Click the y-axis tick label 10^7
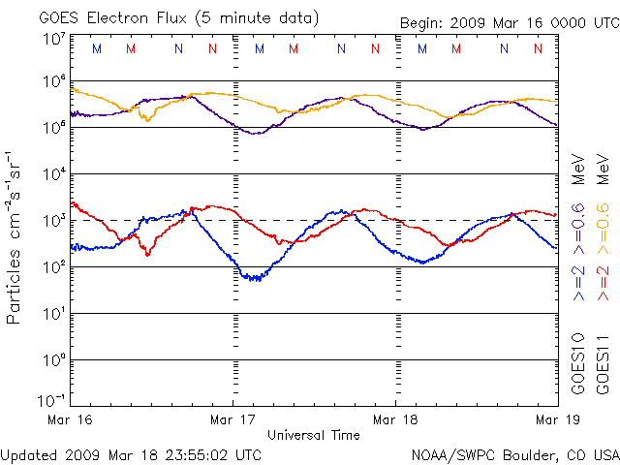tap(53, 39)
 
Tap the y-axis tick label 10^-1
tap(52, 400)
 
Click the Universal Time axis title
tap(314, 435)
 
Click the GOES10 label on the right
tap(579, 363)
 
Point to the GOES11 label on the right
tap(603, 363)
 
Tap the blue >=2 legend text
tap(579, 281)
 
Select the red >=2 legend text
tap(603, 281)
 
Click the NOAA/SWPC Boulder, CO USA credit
tap(514, 452)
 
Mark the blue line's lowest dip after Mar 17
tap(254, 279)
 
